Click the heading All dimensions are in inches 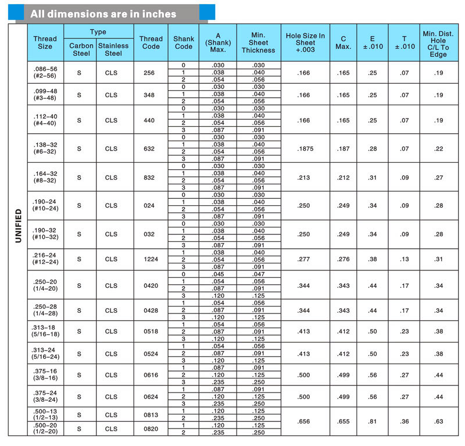103,13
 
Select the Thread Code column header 151,42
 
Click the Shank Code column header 184,42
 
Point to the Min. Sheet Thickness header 258,42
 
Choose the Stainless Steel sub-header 113,49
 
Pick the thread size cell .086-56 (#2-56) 45,72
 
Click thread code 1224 149,259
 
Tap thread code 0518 149,331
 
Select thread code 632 149,148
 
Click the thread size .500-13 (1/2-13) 45,414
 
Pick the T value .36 405,422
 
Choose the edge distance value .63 438,422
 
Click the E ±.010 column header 372,42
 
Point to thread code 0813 149,415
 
